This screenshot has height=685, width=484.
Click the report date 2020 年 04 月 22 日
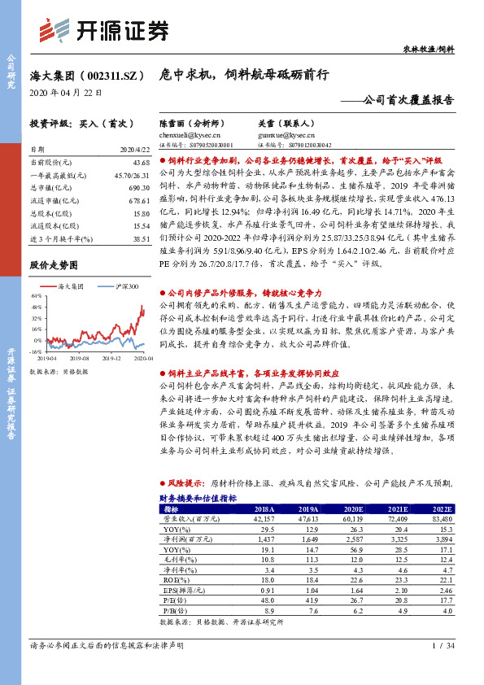pos(65,93)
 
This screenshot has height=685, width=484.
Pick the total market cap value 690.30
pos(140,187)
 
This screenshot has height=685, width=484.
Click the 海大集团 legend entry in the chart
pos(72,287)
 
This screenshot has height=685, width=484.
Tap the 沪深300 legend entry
pos(124,287)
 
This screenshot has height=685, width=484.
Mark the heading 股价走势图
pos(54,265)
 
